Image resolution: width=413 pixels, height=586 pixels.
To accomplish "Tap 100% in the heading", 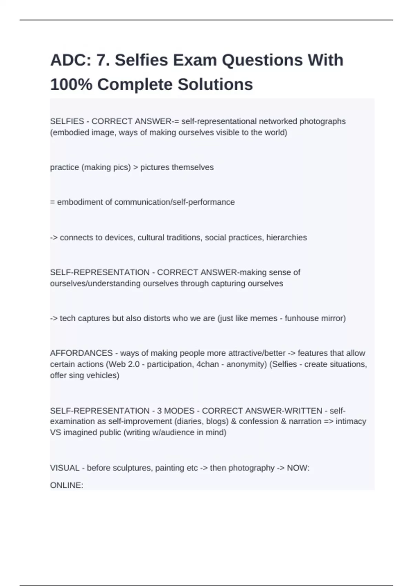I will click(71, 84).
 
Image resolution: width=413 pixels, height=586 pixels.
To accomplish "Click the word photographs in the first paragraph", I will click(322, 121).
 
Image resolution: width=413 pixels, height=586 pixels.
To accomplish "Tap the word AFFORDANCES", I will click(81, 353).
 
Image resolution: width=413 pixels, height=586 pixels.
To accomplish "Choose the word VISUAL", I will click(65, 468).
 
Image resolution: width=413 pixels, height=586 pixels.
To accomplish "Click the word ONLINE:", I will click(66, 485).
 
